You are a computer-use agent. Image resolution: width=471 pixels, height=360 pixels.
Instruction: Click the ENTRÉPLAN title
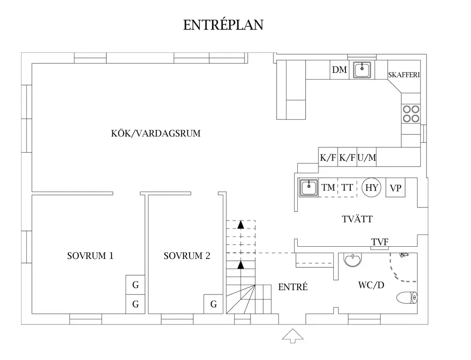click(223, 25)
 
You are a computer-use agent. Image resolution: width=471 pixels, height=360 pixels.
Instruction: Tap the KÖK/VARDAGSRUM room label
click(156, 133)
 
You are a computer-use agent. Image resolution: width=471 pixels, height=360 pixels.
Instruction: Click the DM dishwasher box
click(339, 70)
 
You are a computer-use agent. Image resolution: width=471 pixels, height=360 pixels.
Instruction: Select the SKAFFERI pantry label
click(404, 75)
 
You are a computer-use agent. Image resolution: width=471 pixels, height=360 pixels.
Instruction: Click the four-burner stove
click(411, 113)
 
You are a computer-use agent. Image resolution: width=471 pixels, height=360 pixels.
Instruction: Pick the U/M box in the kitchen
click(367, 158)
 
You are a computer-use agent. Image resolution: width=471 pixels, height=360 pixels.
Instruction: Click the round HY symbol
click(372, 188)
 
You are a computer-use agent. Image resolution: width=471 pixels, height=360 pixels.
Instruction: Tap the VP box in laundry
click(396, 188)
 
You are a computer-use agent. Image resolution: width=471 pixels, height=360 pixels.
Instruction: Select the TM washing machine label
click(329, 188)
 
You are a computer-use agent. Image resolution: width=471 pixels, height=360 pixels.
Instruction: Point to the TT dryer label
click(347, 188)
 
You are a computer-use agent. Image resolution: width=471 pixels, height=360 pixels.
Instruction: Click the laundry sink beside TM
click(309, 188)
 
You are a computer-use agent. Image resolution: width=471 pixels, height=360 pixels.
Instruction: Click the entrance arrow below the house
click(293, 336)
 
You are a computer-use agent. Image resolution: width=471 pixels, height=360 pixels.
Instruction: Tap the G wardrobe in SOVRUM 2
click(213, 304)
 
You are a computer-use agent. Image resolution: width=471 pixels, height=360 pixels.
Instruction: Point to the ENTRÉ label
click(293, 287)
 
